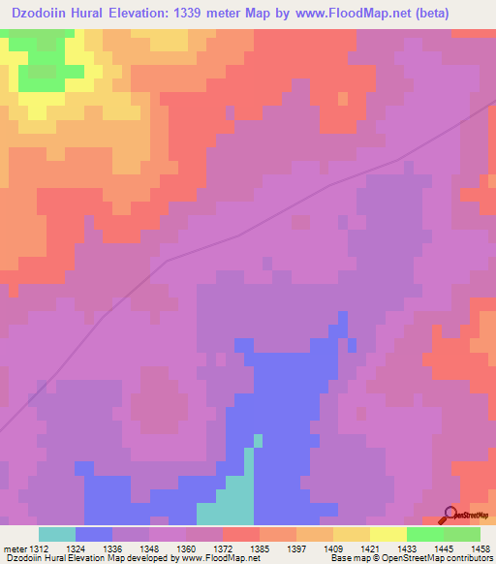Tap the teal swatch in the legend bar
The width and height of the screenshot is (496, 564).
(x=57, y=534)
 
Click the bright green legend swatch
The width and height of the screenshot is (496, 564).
(x=424, y=534)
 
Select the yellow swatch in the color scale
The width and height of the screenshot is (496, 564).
(x=387, y=534)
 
